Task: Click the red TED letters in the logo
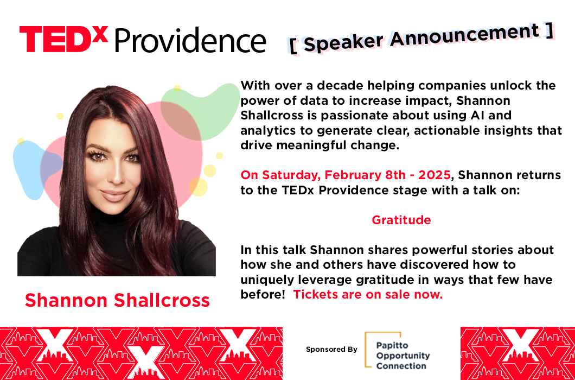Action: coord(55,39)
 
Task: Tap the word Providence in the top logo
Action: coord(190,40)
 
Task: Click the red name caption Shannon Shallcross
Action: coord(117,300)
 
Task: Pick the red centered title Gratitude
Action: coord(401,220)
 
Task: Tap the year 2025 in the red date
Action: coord(434,175)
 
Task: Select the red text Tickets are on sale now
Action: coord(368,294)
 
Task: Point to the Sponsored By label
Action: coord(331,350)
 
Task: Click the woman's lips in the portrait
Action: coord(114,195)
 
